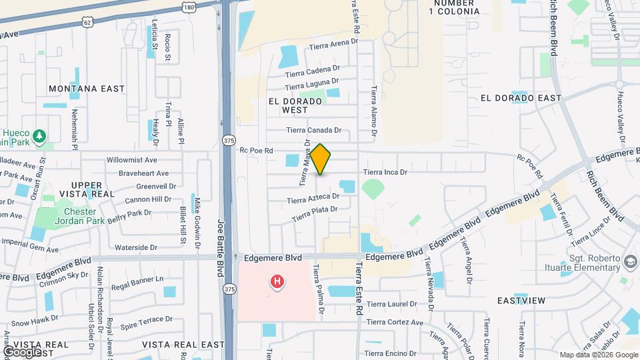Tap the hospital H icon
(277, 283)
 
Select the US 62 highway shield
(88, 23)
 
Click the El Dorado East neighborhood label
(521, 98)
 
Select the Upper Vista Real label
(87, 189)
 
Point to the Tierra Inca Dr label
(385, 172)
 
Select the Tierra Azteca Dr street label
(313, 199)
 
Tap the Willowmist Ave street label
(132, 160)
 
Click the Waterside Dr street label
(135, 247)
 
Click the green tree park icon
(40, 137)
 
